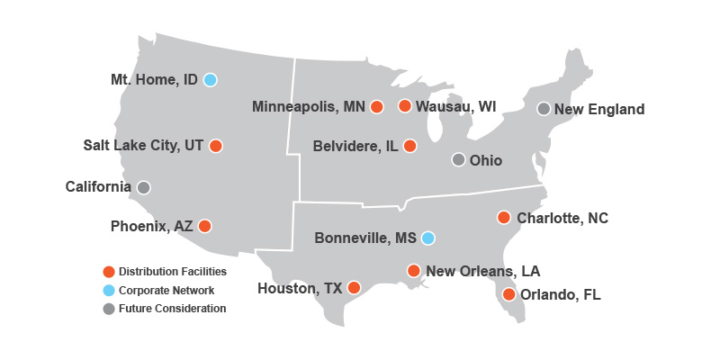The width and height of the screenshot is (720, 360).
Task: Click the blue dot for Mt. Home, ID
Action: click(x=210, y=79)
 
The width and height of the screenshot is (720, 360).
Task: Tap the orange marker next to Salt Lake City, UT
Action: click(x=215, y=146)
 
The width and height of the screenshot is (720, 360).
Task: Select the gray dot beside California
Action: click(x=144, y=187)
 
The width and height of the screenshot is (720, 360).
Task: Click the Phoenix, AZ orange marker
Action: click(x=205, y=226)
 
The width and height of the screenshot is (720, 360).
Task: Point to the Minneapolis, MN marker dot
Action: click(x=377, y=107)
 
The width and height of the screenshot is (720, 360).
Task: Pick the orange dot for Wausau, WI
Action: click(x=405, y=106)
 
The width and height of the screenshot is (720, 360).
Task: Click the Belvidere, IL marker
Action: click(x=410, y=146)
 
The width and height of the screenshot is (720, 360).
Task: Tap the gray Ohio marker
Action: click(x=458, y=159)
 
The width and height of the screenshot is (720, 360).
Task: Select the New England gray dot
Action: click(x=544, y=109)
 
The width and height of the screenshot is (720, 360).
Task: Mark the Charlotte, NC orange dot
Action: click(x=504, y=217)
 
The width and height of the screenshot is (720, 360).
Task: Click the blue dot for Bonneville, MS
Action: click(x=428, y=238)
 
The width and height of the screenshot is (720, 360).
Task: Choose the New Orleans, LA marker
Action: click(x=414, y=270)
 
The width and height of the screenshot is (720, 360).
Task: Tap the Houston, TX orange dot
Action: click(x=354, y=288)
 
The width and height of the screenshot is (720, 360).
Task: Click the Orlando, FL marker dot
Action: click(x=509, y=294)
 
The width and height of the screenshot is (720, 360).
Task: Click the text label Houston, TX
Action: click(x=300, y=289)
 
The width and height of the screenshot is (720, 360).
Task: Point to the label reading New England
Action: click(x=599, y=110)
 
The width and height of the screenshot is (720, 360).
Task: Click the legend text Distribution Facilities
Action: click(x=173, y=271)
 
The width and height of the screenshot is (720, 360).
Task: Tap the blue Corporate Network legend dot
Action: click(x=109, y=290)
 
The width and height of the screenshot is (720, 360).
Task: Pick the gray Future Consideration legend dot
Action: click(x=109, y=309)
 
